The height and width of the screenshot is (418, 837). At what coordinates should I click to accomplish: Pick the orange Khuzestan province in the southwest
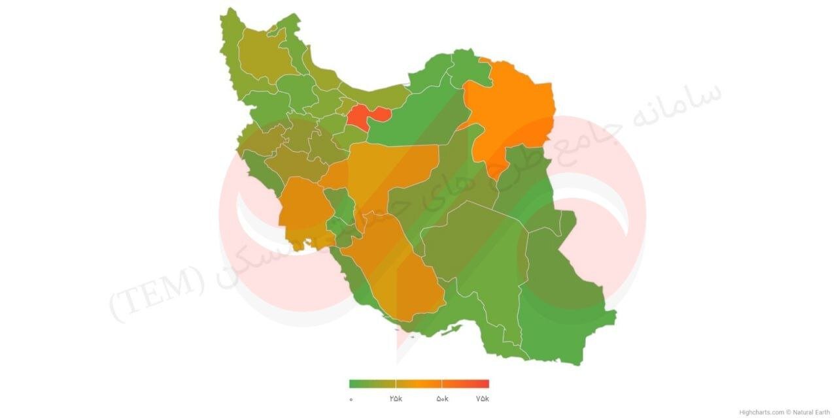click(x=302, y=209)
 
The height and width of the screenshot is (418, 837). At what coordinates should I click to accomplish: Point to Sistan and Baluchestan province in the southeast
click(x=562, y=300)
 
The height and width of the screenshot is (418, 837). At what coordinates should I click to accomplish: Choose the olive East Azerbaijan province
click(x=265, y=56)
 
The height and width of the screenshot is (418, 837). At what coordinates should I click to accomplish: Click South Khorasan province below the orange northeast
click(x=523, y=183)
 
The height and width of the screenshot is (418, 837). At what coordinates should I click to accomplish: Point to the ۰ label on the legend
click(x=350, y=398)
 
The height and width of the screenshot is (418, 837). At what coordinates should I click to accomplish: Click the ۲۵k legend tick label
click(x=396, y=398)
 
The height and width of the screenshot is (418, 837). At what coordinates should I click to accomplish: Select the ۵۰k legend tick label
click(x=442, y=398)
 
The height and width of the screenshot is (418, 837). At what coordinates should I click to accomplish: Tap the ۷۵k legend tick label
click(x=482, y=398)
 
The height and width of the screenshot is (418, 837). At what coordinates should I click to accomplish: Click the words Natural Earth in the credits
click(x=811, y=412)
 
